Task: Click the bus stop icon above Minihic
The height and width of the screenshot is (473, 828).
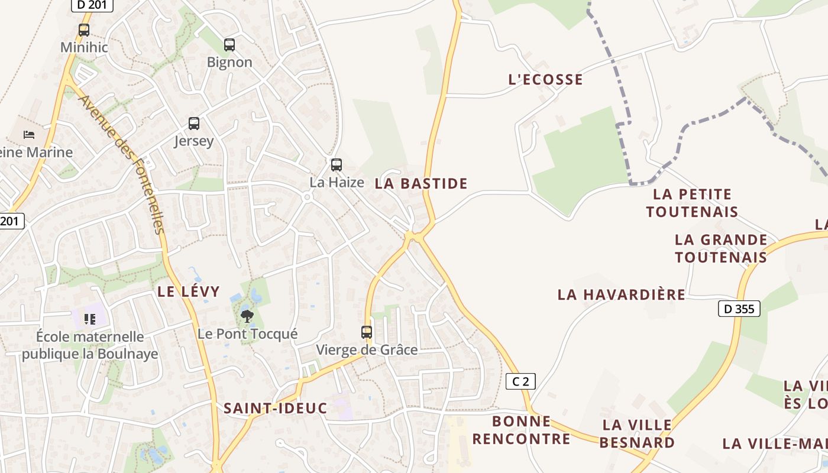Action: point(84,30)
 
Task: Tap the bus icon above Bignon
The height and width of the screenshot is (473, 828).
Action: point(229,44)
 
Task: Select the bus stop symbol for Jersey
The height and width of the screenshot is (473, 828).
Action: point(194,124)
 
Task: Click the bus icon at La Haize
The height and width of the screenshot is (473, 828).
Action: point(337,165)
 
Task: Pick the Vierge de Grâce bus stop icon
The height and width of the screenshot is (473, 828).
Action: point(367,332)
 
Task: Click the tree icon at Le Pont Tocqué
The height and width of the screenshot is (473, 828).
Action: point(247,316)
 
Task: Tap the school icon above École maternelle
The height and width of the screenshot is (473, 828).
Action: point(90,319)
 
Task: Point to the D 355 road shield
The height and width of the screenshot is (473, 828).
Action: point(739,308)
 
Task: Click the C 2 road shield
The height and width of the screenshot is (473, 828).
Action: point(520,381)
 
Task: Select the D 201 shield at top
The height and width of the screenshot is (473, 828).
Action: point(92,5)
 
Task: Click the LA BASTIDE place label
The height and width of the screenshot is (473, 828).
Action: point(421,183)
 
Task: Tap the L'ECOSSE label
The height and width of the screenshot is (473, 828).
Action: point(545,79)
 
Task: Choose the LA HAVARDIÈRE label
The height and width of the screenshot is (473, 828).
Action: point(621,294)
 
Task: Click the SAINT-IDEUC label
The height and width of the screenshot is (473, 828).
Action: point(275,408)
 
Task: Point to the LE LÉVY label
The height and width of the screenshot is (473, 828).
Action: point(188,291)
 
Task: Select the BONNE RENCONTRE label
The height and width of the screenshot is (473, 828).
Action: point(521,430)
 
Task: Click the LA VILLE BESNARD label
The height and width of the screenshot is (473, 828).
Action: point(638,433)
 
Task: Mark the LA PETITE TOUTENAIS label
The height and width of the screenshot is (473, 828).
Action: point(692,203)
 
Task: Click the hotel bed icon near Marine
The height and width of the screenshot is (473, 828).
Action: point(29,135)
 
